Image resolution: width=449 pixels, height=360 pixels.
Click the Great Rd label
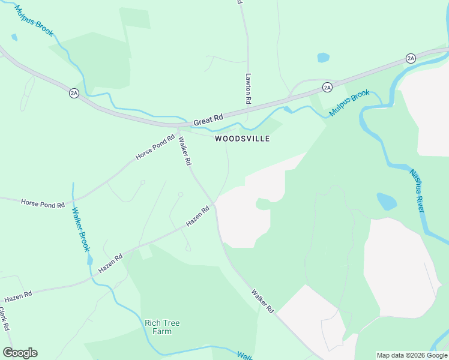(208, 120)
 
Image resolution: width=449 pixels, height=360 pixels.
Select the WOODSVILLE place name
(243, 139)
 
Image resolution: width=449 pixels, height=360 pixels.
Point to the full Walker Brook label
(81, 229)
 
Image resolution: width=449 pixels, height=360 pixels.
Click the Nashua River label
(417, 191)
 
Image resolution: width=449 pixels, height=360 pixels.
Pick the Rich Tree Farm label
(162, 327)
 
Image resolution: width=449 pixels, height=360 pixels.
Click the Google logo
(20, 353)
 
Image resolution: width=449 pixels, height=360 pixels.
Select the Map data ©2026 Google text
(412, 355)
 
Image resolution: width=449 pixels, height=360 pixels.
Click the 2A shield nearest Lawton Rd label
(327, 87)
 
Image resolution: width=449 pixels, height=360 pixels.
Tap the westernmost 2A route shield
(74, 93)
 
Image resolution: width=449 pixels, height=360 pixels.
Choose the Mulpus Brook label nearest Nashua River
(349, 103)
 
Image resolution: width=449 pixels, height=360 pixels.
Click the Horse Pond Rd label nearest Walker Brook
(43, 204)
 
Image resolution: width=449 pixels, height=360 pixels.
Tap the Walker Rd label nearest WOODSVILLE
(185, 151)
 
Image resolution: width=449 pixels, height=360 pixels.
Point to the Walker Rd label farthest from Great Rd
(262, 301)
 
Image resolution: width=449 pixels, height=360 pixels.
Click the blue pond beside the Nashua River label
(387, 201)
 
